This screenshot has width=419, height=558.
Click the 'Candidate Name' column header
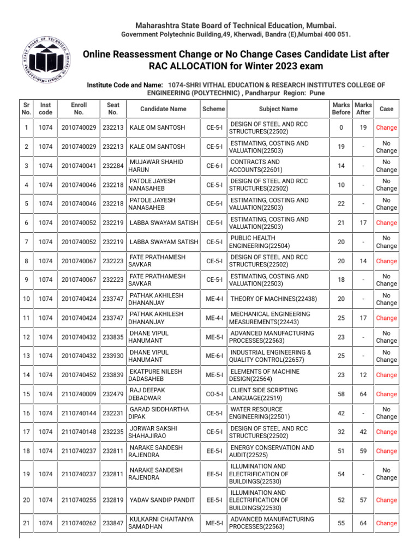click(x=163, y=109)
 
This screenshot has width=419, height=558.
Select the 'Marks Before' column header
click(x=341, y=109)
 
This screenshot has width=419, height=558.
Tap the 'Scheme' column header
click(x=213, y=109)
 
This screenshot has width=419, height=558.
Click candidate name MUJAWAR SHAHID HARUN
click(x=155, y=166)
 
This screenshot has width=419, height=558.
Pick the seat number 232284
click(x=113, y=166)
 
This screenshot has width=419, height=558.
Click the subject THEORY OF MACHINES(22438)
click(x=273, y=299)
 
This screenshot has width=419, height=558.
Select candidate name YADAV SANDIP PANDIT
click(x=162, y=500)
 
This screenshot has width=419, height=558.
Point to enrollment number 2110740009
click(x=79, y=394)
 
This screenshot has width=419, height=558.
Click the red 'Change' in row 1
click(x=386, y=128)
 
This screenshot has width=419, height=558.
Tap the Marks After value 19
click(x=363, y=128)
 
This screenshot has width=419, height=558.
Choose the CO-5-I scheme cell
click(x=213, y=394)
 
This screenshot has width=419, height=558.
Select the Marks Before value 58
click(x=341, y=394)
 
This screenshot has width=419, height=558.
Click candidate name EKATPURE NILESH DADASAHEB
click(x=155, y=375)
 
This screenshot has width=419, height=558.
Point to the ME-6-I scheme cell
click(x=213, y=356)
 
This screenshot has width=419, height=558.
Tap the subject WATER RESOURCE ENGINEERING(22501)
click(x=256, y=413)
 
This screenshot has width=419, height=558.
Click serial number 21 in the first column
click(x=26, y=523)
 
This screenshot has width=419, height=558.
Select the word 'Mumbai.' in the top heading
click(x=318, y=26)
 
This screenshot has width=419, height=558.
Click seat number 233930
click(x=113, y=356)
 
